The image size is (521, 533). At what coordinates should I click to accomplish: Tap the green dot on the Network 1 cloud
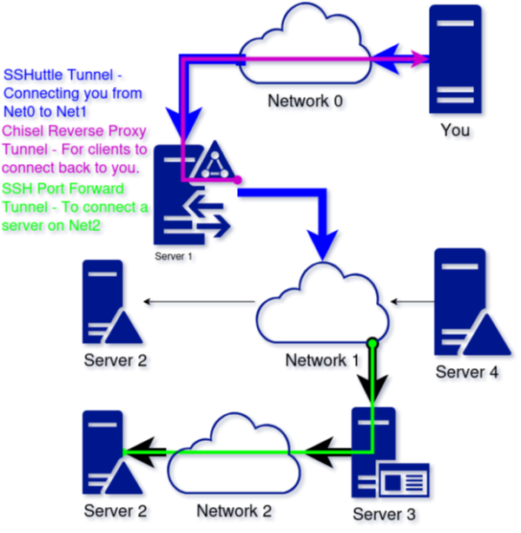click(373, 342)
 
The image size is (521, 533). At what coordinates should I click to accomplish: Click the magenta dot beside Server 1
click(236, 181)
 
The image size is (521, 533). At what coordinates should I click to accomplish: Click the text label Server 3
click(379, 514)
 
